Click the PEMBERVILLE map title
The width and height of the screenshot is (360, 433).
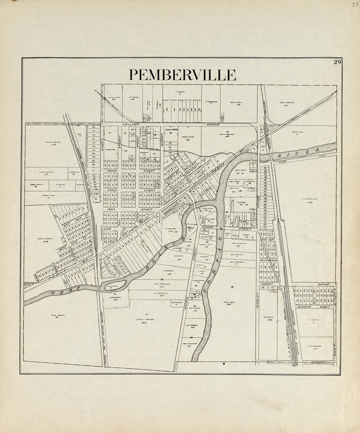182,75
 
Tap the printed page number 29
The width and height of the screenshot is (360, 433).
338,63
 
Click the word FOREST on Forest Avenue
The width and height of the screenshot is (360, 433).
266,284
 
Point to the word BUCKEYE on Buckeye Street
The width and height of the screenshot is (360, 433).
304,307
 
